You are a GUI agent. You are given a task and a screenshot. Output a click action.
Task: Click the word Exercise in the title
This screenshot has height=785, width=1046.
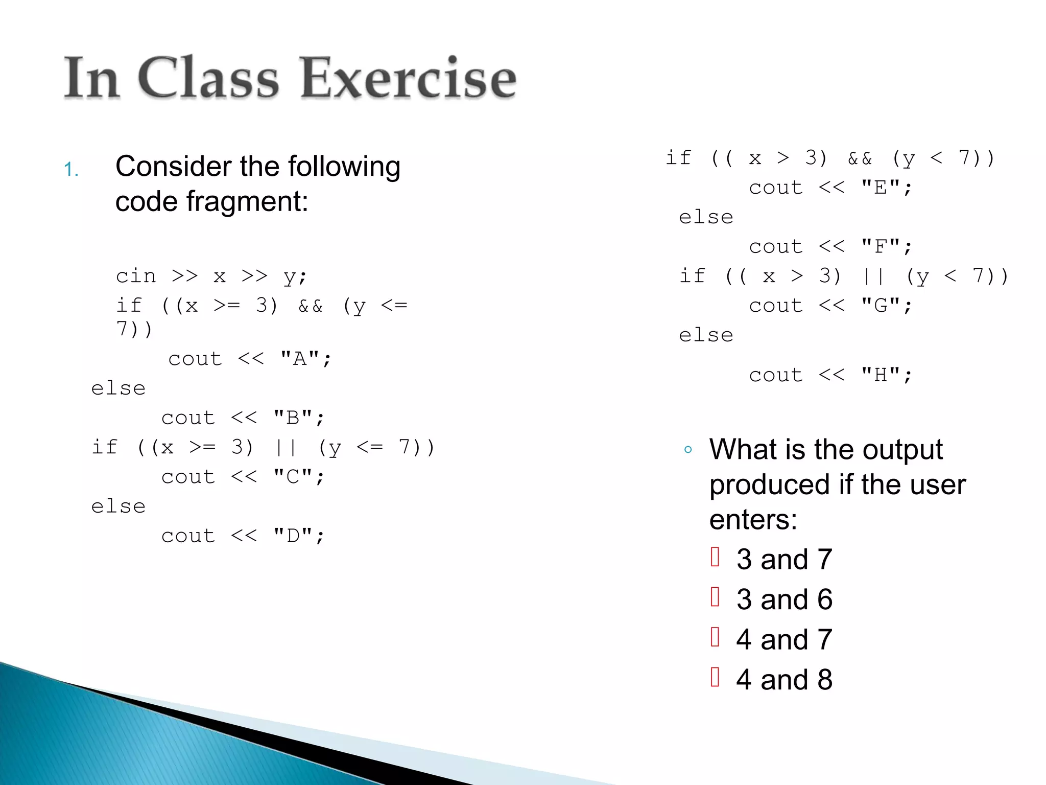(409, 78)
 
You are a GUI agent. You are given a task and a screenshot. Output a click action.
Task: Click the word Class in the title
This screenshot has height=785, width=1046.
(208, 78)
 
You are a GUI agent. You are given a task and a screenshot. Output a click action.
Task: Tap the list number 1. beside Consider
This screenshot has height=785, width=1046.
(72, 169)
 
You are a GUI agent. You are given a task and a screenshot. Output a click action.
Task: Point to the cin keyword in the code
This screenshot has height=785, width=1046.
(135, 276)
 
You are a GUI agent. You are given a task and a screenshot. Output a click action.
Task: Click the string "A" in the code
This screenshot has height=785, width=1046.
(300, 359)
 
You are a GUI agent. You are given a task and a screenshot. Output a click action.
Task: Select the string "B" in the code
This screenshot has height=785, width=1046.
(293, 418)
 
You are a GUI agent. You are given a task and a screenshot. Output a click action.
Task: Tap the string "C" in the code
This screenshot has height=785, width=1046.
(293, 477)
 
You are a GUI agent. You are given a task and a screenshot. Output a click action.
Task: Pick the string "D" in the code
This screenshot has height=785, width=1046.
(293, 536)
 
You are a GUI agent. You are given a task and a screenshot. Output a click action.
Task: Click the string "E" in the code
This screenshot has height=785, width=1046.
(880, 188)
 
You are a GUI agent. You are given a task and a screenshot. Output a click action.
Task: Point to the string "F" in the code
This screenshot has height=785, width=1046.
(880, 247)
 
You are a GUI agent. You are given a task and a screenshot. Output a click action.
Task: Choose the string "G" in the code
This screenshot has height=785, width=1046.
(880, 306)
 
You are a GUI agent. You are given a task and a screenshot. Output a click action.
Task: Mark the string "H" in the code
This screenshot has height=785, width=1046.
(880, 375)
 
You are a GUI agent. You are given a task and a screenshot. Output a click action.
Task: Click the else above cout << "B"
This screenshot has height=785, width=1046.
(118, 388)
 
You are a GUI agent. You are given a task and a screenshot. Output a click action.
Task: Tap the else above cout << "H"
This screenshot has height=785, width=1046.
(706, 335)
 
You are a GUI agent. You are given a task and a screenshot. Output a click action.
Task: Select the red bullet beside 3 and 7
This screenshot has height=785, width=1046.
(715, 557)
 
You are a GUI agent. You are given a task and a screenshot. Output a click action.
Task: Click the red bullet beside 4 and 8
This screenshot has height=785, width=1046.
(715, 677)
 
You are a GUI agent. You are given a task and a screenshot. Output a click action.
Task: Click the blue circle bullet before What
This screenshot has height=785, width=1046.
(688, 450)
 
